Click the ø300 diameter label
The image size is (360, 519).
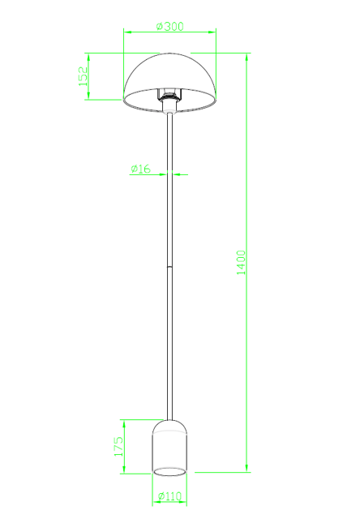pos(169,26)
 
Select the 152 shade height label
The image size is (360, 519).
pos(83,76)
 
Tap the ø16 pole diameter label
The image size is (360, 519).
pos(140,169)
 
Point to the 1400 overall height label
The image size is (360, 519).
pos(241,263)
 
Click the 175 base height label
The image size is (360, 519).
pos(118,447)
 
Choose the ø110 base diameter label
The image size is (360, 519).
pos(169,495)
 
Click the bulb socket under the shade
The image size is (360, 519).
pos(169,99)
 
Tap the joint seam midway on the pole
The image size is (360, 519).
pos(169,267)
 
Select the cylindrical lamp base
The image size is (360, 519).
pos(169,448)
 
